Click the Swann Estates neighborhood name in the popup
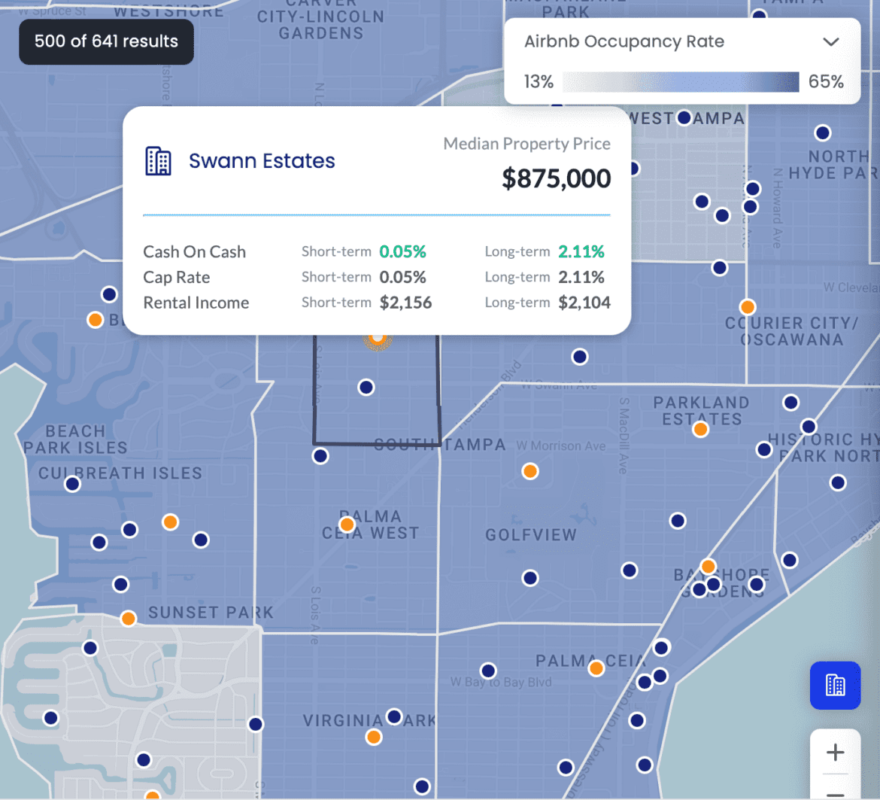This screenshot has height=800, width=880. coord(262,160)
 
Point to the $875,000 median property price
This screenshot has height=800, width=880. coord(556,178)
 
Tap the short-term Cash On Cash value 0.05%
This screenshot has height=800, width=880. coord(402,251)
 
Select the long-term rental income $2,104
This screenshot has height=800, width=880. coord(584,303)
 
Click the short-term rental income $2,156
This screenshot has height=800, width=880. coord(405,303)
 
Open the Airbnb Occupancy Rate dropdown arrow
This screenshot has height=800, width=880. coord(830,42)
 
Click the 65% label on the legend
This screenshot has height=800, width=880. coord(826,82)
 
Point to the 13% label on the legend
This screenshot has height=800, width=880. coord(539,82)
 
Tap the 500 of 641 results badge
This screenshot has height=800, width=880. coord(106,41)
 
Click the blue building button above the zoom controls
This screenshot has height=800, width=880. coord(835,685)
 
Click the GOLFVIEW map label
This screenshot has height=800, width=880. coord(531,535)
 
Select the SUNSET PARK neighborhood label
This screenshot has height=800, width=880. coord(211,613)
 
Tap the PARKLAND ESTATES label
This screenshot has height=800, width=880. coord(701,411)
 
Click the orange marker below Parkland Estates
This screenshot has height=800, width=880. coord(700,430)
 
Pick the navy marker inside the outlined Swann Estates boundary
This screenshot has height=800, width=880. coord(366,387)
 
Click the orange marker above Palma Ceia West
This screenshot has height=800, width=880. coord(347,524)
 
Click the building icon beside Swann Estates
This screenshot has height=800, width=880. coord(158,161)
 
